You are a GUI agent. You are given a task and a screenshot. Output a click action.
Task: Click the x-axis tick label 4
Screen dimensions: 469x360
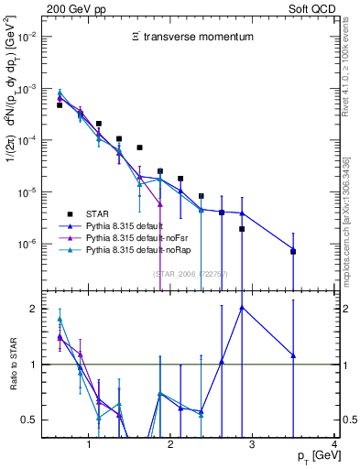click(334, 446)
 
